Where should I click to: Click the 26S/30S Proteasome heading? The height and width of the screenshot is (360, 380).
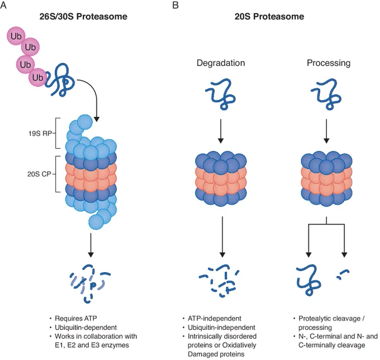point(83,16)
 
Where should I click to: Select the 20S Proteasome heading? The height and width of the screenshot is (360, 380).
point(269,16)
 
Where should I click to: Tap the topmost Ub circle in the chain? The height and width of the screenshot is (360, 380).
point(16,36)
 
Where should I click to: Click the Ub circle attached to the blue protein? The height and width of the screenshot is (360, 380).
point(37,78)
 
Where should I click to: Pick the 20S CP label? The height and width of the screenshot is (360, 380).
point(39,174)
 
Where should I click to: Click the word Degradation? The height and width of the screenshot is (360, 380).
point(221,63)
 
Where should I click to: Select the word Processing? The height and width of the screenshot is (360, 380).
point(329,63)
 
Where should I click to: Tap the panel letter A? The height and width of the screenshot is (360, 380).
point(3,4)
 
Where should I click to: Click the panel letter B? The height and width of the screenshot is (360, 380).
point(175,4)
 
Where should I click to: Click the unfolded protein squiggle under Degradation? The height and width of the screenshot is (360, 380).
point(221,94)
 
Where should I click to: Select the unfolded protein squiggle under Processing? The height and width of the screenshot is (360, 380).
point(326,94)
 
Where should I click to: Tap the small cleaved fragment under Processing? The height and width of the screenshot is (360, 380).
point(343,274)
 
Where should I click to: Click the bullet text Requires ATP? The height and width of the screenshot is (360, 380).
point(76,318)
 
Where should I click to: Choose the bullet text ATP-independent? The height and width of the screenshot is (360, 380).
point(215,318)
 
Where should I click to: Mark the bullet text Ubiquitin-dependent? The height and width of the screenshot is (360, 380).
point(86,328)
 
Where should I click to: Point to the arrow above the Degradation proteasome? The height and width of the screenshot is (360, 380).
point(221,131)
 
